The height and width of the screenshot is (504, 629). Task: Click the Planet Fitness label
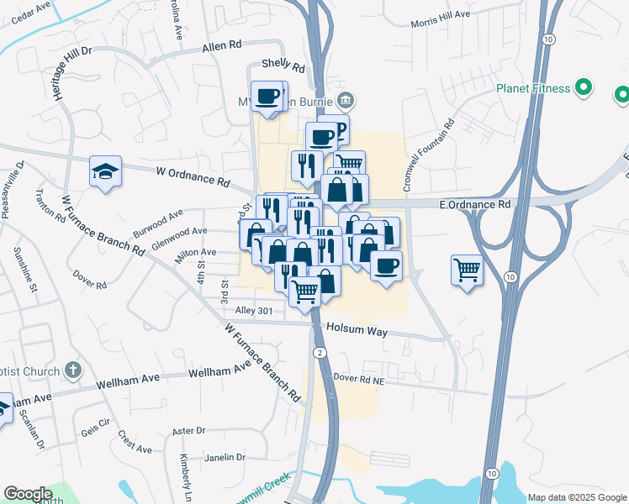(532, 87)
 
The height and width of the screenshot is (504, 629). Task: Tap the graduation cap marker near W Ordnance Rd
(105, 172)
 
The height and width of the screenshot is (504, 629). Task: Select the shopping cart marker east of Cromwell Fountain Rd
(467, 270)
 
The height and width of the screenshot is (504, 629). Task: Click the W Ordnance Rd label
(193, 176)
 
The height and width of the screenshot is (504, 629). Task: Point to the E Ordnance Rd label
(476, 204)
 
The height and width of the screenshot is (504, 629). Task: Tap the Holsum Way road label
(357, 331)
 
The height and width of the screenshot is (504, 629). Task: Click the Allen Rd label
(222, 48)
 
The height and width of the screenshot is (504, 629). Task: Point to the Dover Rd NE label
(357, 379)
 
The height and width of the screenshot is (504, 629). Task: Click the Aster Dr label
(188, 431)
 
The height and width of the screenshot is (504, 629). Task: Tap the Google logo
(28, 494)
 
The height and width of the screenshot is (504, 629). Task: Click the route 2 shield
(320, 351)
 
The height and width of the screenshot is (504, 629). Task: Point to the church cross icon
(73, 370)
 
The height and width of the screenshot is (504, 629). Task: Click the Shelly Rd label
(282, 64)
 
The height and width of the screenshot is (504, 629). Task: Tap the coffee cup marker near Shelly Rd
(268, 97)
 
